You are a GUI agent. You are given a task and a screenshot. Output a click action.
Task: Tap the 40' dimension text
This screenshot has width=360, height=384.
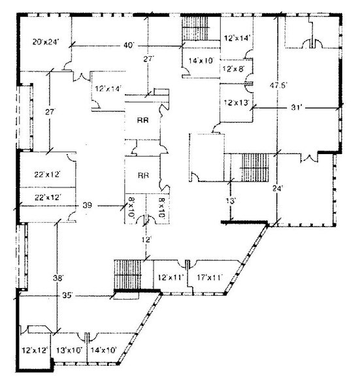pyautogui.click(x=128, y=45)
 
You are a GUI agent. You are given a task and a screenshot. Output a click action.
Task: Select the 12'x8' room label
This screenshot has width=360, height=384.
pyautogui.click(x=233, y=68)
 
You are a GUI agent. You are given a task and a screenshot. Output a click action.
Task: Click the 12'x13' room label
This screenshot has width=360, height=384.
pyautogui.click(x=235, y=102)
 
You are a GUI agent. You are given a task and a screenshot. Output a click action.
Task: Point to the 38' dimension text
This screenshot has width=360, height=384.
pyautogui.click(x=58, y=278)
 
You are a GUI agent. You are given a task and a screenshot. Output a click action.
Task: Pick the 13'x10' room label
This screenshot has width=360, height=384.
pyautogui.click(x=68, y=351)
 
